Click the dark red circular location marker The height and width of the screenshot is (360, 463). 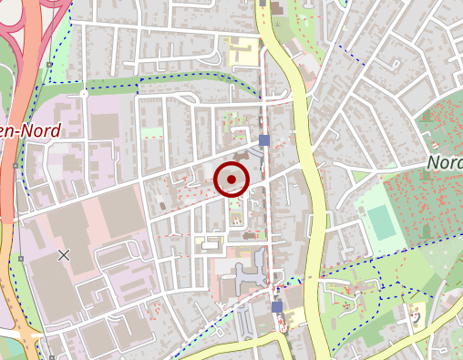(x=231, y=180)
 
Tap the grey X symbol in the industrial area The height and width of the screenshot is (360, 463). (x=64, y=255)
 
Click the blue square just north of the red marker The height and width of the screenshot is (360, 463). (x=264, y=140)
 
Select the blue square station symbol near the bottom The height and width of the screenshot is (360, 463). (x=276, y=308)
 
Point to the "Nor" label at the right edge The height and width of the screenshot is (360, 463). (x=444, y=162)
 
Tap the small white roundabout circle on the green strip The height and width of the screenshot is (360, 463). (x=84, y=93)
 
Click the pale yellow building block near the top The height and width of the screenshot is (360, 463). (x=245, y=53)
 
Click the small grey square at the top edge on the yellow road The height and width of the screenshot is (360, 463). (x=262, y=4)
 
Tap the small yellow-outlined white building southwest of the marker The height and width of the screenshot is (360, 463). (x=210, y=243)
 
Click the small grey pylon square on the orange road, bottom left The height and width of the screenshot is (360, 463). (x=20, y=259)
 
